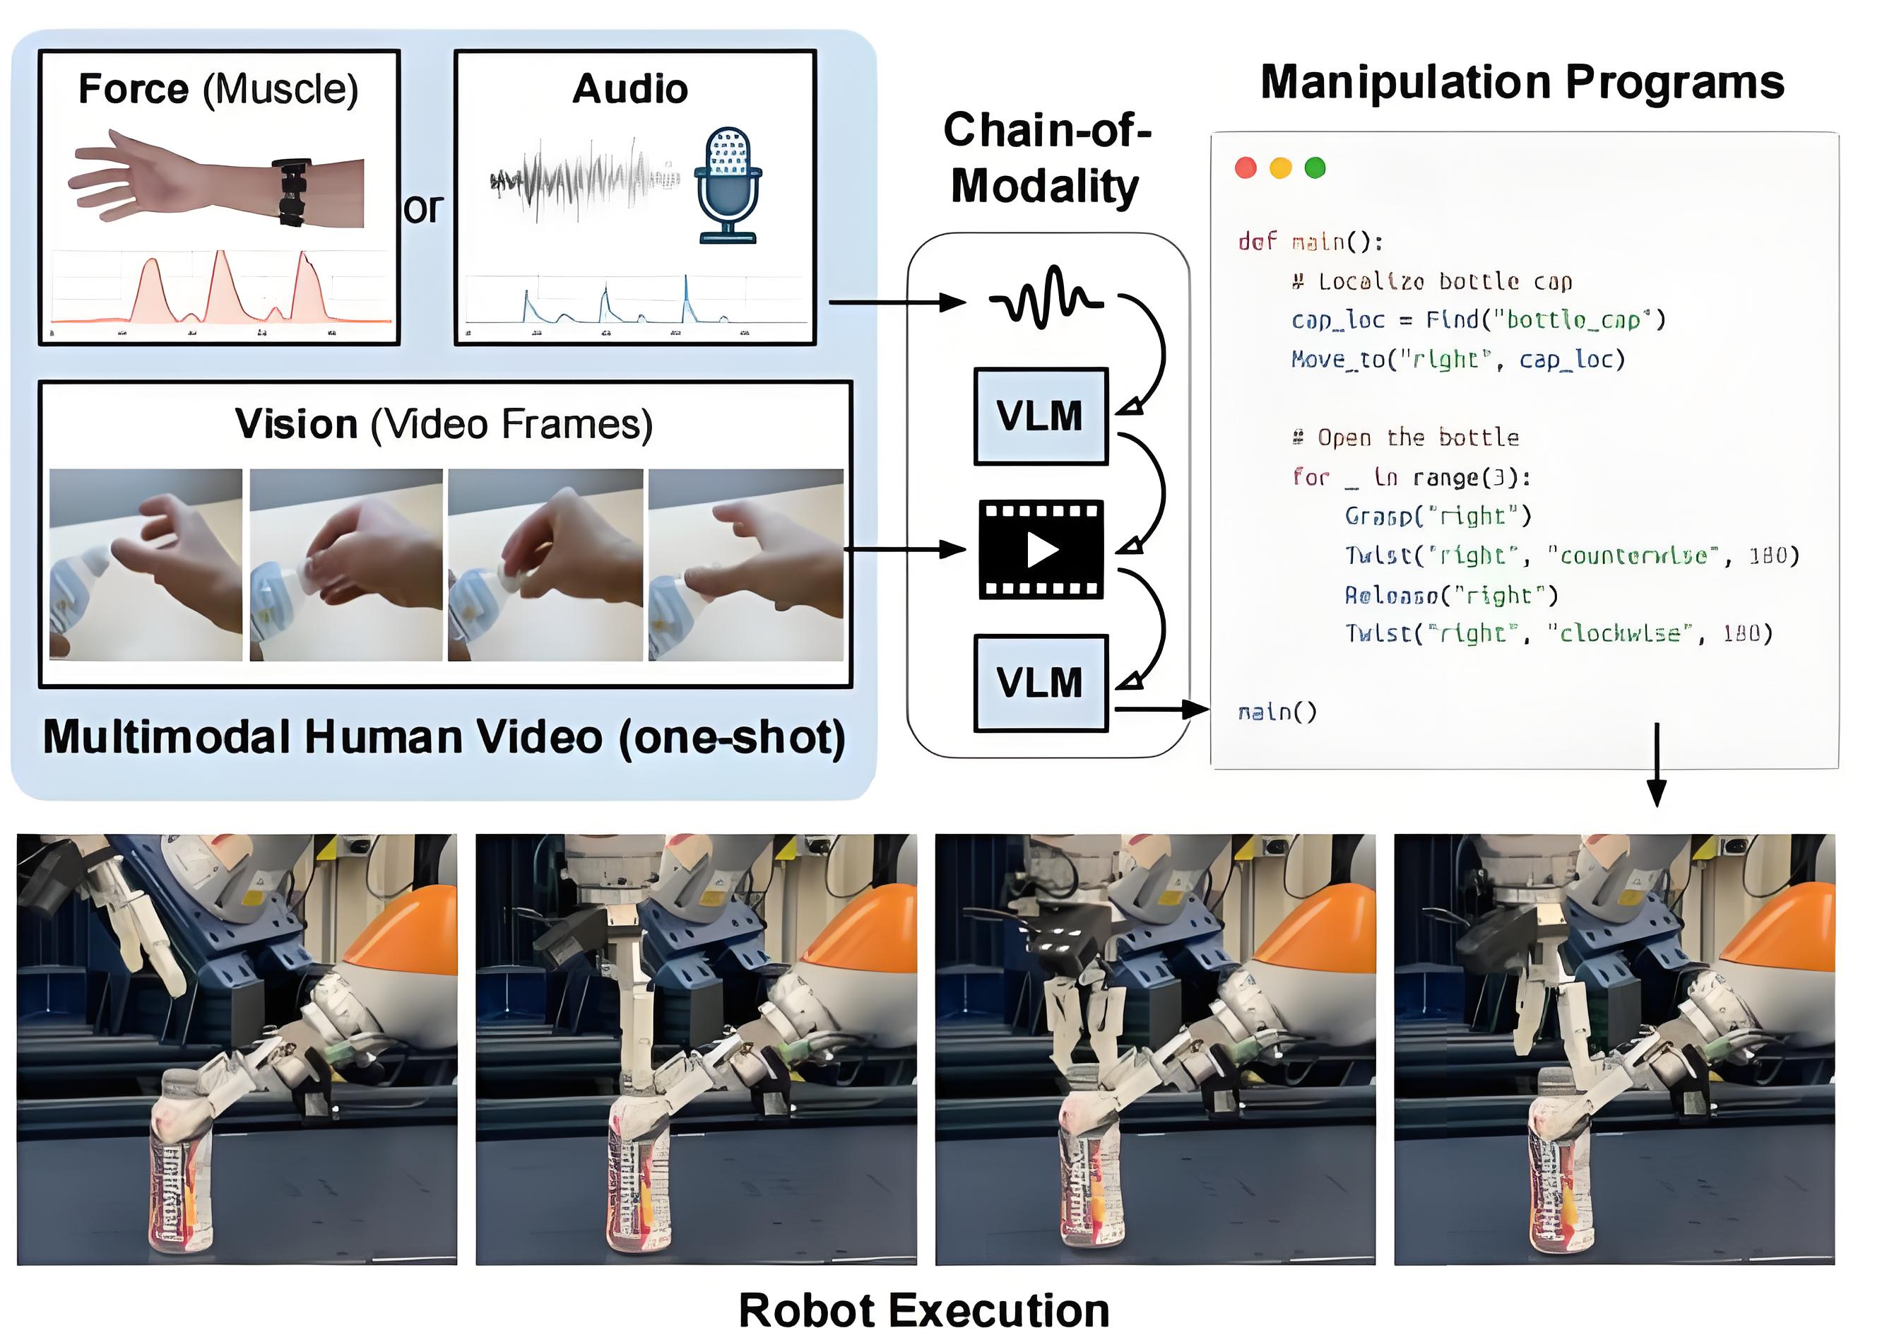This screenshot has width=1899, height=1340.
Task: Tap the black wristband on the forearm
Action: click(292, 192)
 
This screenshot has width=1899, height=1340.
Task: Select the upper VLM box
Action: click(1041, 416)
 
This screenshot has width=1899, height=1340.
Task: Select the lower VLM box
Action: click(1041, 683)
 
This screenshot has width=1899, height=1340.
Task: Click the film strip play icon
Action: click(1041, 549)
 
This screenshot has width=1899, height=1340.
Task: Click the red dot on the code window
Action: click(1246, 168)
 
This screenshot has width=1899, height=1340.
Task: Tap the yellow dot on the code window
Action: click(1280, 168)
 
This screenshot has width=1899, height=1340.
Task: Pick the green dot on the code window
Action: click(1315, 168)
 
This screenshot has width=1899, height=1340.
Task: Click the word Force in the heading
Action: click(133, 88)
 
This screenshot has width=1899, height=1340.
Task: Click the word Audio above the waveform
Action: click(630, 88)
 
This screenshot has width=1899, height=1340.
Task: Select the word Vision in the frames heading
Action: click(296, 424)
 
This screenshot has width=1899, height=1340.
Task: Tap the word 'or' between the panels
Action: click(423, 208)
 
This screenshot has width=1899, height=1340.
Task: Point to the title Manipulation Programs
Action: click(1522, 83)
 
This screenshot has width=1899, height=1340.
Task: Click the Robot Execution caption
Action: click(924, 1310)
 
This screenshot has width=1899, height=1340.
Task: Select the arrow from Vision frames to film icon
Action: click(905, 549)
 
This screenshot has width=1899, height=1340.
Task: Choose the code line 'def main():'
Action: click(1310, 242)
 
